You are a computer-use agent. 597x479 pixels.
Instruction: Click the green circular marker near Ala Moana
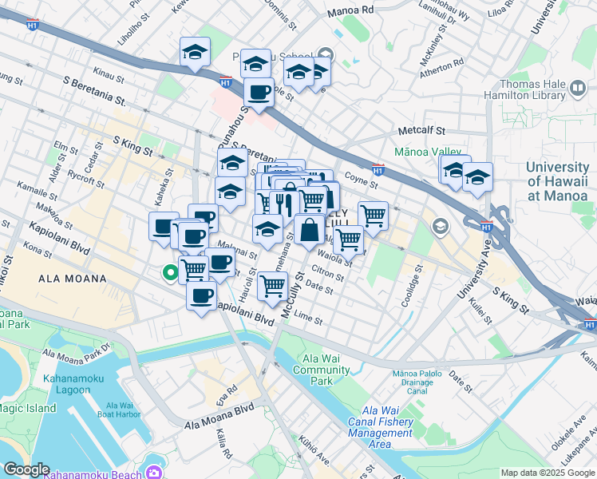pos(170,273)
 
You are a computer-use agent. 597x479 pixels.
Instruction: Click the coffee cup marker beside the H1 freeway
pos(259,92)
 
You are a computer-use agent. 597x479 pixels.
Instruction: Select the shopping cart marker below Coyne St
pos(373,214)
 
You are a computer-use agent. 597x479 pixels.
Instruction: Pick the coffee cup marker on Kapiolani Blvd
pos(200,296)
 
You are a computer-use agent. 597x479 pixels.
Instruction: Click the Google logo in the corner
pos(26,469)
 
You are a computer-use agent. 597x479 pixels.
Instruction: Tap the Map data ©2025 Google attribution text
pos(547,473)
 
